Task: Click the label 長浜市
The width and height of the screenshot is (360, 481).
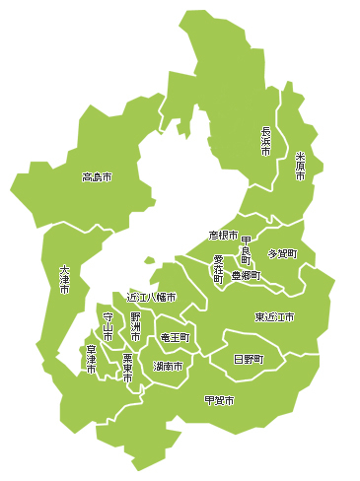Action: pos(265,141)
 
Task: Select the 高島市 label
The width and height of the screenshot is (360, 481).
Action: pos(97,177)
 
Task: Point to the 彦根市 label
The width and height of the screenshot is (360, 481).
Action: pos(223,236)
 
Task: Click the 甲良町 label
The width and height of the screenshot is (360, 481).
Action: pos(246,250)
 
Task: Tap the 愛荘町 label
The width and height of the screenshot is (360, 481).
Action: pos(218,269)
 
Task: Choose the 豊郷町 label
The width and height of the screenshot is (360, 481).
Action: pos(246,276)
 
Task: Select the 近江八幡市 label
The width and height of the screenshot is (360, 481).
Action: pos(151,297)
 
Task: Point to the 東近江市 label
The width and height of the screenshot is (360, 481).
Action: pos(274,317)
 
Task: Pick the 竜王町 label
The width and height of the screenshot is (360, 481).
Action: pos(174,337)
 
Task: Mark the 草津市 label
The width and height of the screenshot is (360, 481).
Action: pos(91,358)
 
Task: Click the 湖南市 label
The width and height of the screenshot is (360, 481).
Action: pos(168,366)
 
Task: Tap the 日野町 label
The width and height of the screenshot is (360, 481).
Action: pos(248,360)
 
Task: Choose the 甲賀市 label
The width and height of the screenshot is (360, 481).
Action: pos(219,399)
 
